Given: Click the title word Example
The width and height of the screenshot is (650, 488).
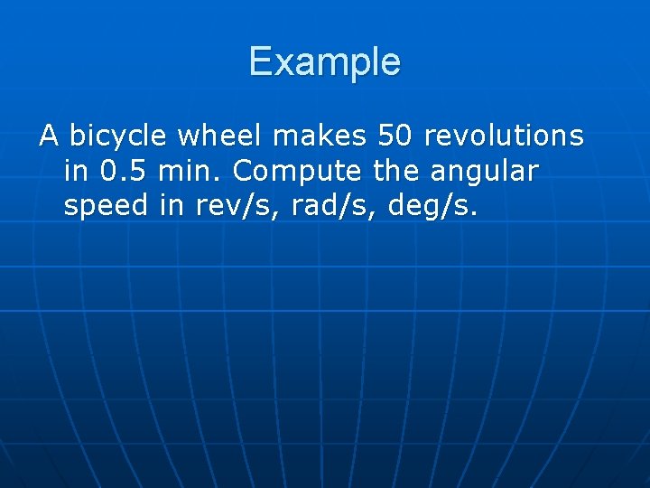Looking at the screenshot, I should (325, 62).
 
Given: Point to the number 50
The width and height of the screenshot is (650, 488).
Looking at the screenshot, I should (395, 136).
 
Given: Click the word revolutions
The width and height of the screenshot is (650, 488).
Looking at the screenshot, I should (504, 136).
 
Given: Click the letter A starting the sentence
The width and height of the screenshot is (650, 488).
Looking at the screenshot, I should (49, 136).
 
